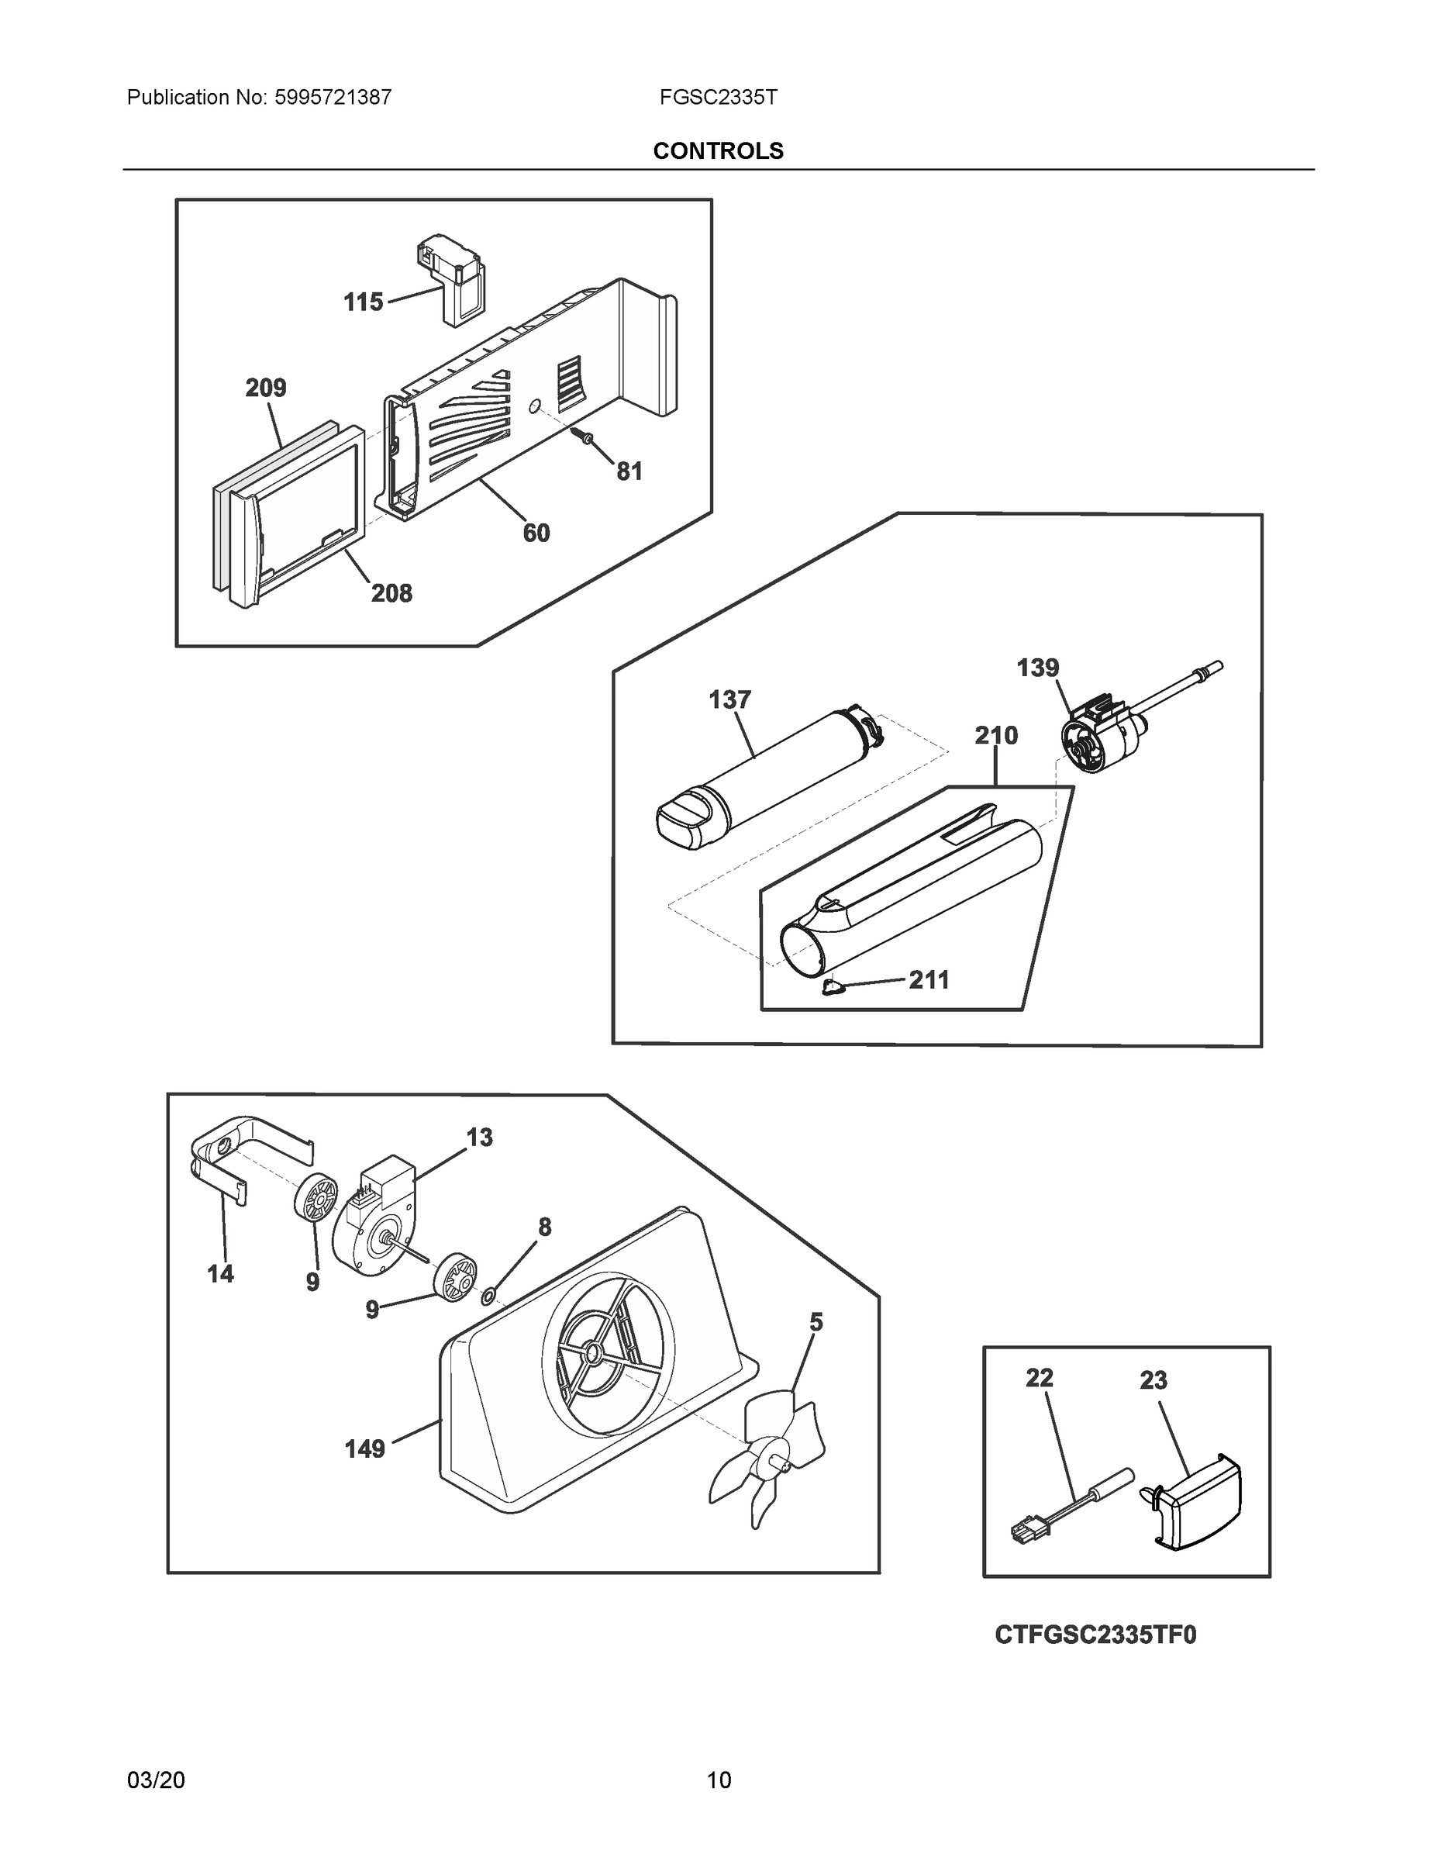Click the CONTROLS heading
717,151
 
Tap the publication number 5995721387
333,97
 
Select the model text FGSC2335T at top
717,97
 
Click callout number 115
363,302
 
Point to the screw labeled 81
585,438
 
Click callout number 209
266,388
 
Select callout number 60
536,533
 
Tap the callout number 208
391,593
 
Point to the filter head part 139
1099,733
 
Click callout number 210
996,734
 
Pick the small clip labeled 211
833,987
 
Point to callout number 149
364,1448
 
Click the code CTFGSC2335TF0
1095,1635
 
